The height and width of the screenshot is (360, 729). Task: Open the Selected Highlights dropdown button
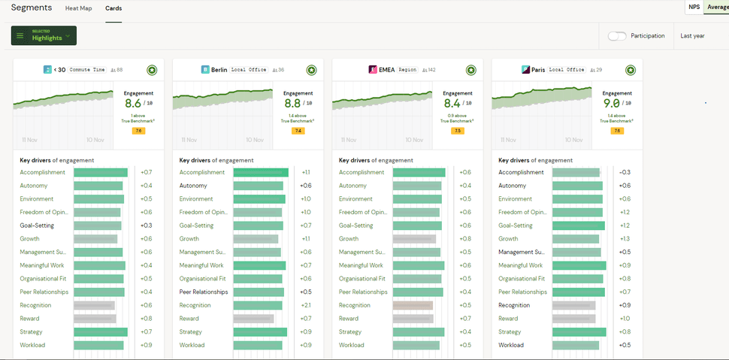[x=44, y=35]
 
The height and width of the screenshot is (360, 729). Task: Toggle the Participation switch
[x=617, y=35]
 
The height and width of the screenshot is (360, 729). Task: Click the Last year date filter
[x=692, y=35]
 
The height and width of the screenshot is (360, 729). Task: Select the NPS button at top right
[x=694, y=7]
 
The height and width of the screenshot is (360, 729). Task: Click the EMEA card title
[x=378, y=70]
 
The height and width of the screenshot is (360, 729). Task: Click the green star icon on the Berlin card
[x=311, y=70]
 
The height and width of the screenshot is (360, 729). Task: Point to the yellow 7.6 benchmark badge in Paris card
[x=617, y=131]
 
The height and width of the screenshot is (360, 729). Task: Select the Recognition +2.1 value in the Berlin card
[x=306, y=305]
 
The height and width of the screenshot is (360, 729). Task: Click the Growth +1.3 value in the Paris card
[x=625, y=239]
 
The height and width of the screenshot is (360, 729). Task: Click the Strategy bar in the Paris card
[x=579, y=332]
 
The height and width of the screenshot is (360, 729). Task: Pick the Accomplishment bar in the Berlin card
[x=261, y=172]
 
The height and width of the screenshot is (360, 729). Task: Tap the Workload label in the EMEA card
[x=351, y=346]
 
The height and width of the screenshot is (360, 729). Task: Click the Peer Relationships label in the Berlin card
[x=202, y=292]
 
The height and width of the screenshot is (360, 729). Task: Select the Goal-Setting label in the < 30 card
[x=37, y=225]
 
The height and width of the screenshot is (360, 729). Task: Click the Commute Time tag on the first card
[x=87, y=70]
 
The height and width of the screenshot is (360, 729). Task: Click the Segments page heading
[x=32, y=8]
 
